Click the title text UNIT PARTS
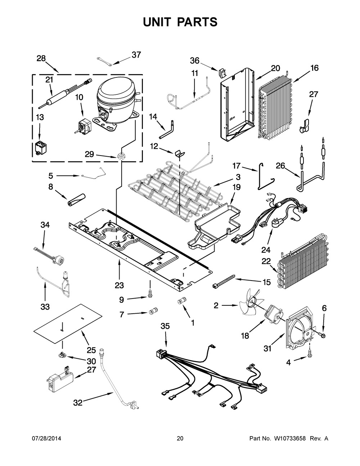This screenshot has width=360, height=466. (x=180, y=22)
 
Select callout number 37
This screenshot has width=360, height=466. (x=136, y=55)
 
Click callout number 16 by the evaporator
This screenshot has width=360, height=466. (x=314, y=68)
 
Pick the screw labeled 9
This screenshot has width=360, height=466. (x=149, y=295)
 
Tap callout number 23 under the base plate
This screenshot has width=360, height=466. (x=119, y=285)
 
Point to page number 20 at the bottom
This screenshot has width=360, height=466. (x=180, y=438)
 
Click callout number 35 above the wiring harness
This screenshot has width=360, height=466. (x=165, y=326)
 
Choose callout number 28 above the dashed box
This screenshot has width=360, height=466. (x=41, y=59)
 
